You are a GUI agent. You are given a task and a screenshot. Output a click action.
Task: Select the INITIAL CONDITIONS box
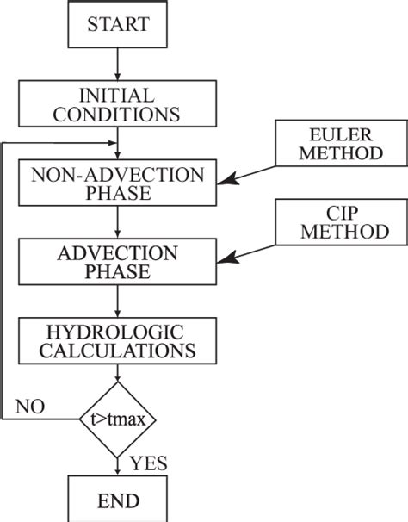[116, 103]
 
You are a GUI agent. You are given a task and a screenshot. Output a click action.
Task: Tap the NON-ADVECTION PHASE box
[116, 182]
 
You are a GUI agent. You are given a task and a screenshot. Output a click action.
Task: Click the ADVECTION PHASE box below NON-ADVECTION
[116, 261]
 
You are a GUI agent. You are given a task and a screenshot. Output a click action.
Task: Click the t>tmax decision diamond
[116, 419]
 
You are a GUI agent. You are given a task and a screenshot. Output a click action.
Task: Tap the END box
[116, 499]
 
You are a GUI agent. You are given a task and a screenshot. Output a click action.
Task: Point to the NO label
[30, 406]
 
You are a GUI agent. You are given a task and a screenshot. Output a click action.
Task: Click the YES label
[148, 464]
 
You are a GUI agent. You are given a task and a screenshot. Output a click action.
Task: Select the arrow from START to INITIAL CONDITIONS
[116, 64]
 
